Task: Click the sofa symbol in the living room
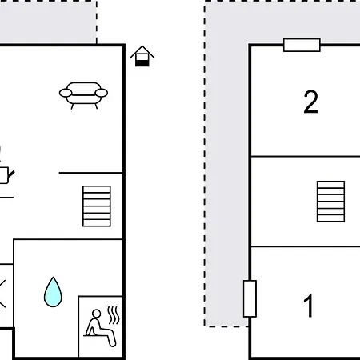pyautogui.click(x=83, y=94)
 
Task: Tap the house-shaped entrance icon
pyautogui.click(x=142, y=56)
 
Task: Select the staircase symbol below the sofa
pyautogui.click(x=97, y=206)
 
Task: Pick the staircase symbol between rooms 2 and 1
pyautogui.click(x=330, y=201)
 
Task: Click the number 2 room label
pyautogui.click(x=311, y=102)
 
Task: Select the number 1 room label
pyautogui.click(x=309, y=306)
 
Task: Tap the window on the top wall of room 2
pyautogui.click(x=302, y=45)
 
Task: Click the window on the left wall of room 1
pyautogui.click(x=250, y=298)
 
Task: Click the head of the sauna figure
pyautogui.click(x=98, y=312)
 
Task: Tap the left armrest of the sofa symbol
pyautogui.click(x=65, y=93)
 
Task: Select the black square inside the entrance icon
pyautogui.click(x=142, y=61)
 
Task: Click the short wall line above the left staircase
pyautogui.click(x=91, y=172)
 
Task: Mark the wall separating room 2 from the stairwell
pyautogui.click(x=304, y=156)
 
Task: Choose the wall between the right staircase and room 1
pyautogui.click(x=304, y=246)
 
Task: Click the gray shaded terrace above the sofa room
pyautogui.click(x=48, y=20)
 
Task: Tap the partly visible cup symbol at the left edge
pyautogui.click(x=3, y=173)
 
